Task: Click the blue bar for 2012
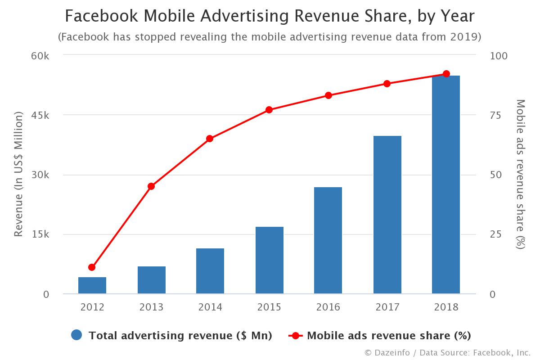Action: point(92,286)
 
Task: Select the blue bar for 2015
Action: point(269,261)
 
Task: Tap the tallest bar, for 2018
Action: point(446,185)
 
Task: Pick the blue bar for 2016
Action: point(328,241)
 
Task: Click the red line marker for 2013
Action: point(151,186)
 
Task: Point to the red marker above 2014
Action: point(210,139)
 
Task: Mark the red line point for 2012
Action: point(92,267)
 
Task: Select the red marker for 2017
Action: point(387,84)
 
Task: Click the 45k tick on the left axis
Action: point(40,115)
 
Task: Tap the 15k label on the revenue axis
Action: point(40,234)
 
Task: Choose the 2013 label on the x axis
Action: point(151,307)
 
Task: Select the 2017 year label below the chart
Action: point(387,307)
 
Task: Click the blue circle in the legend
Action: point(76,335)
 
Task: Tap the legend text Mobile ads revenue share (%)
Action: point(389,336)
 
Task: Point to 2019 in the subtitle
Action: point(465,37)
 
